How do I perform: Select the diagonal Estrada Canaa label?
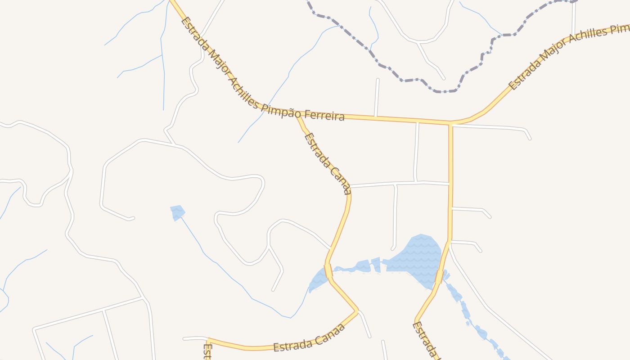327,163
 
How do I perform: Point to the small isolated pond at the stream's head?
177,211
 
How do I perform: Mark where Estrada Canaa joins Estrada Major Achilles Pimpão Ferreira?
297,117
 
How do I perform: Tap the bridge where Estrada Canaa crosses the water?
328,271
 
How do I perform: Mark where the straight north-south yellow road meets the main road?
450,123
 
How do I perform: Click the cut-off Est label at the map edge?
207,351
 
